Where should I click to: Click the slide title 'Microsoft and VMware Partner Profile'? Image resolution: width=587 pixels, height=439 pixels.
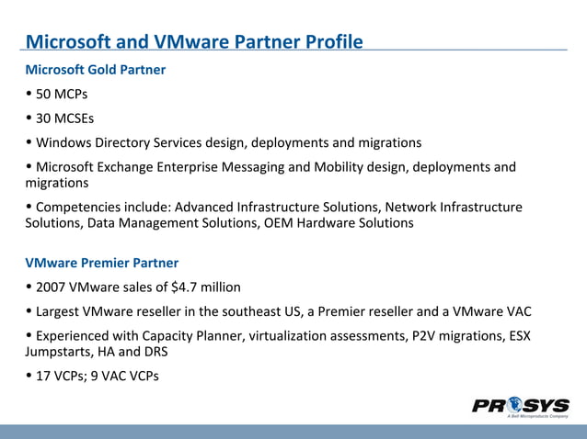click(193, 41)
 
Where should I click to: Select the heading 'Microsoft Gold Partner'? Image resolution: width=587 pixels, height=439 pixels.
click(95, 70)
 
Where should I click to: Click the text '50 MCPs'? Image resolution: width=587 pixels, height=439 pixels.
click(62, 95)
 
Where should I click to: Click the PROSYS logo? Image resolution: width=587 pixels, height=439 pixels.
click(520, 406)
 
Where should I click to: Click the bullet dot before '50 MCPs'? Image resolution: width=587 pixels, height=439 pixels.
click(29, 95)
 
